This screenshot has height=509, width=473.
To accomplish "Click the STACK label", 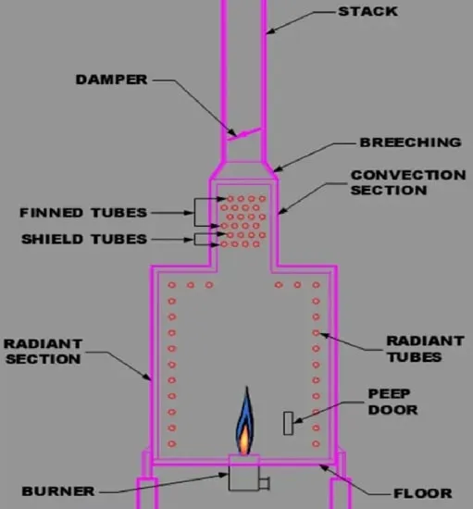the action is click(x=367, y=12).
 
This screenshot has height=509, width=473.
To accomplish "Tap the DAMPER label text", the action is click(x=111, y=80).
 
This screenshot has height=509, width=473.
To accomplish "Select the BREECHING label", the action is click(x=410, y=143).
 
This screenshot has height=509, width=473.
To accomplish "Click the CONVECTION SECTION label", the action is click(x=408, y=182).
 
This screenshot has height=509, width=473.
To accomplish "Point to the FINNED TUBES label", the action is click(x=83, y=213).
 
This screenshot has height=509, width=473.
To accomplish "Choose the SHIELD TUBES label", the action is click(x=84, y=240).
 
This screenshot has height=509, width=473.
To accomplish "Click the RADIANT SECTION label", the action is click(x=44, y=352).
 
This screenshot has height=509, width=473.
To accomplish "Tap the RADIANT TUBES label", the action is click(x=425, y=349).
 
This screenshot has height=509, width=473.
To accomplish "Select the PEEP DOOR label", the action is click(x=392, y=402).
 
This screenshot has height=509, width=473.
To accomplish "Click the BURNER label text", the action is click(x=58, y=491).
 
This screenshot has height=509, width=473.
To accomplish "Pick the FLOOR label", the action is click(x=423, y=493).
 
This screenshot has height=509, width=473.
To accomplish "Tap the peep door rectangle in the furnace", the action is click(x=288, y=423).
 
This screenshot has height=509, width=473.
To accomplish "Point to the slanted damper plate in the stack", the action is click(x=243, y=134).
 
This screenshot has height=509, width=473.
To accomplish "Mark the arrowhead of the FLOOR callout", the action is click(x=324, y=467).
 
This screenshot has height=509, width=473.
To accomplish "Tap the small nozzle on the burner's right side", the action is click(x=264, y=483).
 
